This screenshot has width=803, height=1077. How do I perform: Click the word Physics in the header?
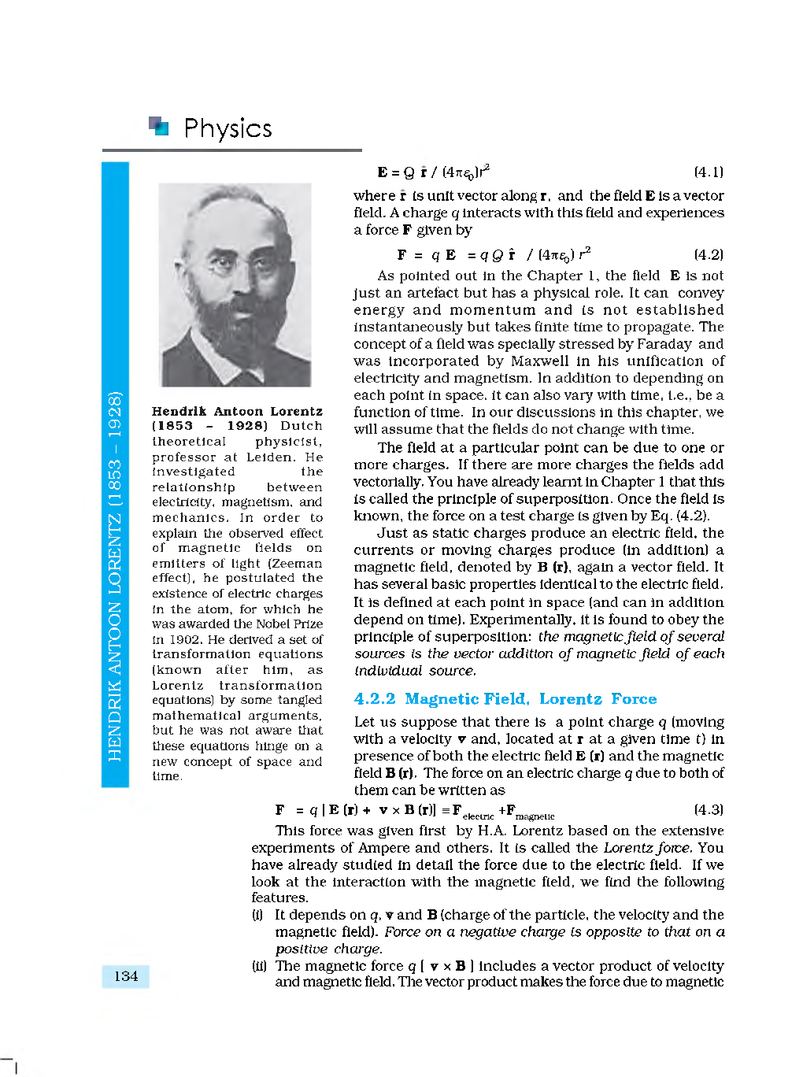point(228,128)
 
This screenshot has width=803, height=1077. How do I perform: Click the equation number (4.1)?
point(708,172)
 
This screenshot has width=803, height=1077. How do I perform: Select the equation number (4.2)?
point(708,254)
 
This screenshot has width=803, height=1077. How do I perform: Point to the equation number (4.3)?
point(708,809)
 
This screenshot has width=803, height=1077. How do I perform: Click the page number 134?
point(125,976)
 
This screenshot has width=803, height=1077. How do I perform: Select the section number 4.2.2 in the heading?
point(375,699)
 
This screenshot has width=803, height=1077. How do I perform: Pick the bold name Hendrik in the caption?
point(179,411)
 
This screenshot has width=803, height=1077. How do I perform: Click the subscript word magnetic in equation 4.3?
point(535,816)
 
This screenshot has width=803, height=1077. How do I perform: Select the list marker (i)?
point(257,915)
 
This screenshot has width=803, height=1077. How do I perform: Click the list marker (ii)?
point(259,966)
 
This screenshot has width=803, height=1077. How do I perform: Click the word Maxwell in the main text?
point(539,361)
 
